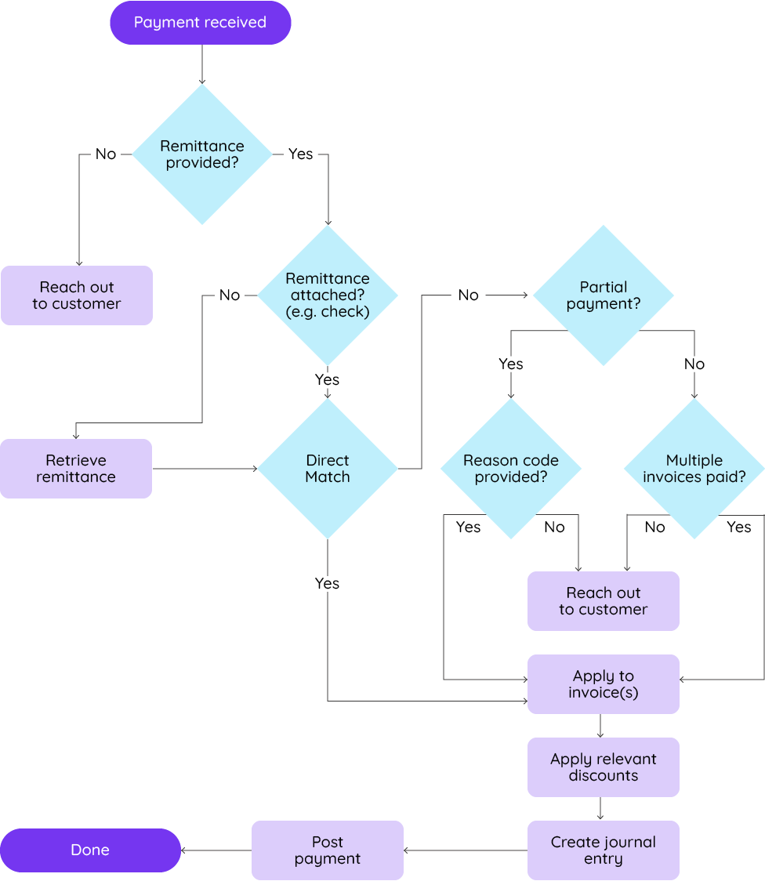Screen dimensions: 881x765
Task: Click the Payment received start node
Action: (200, 23)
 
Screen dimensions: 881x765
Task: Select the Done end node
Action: (90, 850)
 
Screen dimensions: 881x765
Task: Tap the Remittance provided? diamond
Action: (202, 154)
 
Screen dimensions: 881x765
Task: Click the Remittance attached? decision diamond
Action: (328, 295)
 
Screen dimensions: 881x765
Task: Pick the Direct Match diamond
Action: (328, 469)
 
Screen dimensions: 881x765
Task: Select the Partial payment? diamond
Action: (603, 295)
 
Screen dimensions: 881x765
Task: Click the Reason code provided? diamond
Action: (511, 469)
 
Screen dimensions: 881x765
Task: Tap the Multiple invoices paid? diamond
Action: (694, 469)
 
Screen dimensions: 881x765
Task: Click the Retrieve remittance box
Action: (76, 469)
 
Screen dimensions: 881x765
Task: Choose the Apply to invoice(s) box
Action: (603, 684)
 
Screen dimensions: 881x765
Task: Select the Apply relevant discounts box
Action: (603, 767)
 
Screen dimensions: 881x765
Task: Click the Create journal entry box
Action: (603, 850)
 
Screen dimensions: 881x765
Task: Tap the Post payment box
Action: (328, 850)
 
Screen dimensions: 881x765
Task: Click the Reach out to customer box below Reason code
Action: (603, 601)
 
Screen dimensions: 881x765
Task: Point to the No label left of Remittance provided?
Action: (106, 154)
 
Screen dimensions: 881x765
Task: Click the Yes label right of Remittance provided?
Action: (300, 154)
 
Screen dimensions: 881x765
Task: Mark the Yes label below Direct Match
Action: (327, 583)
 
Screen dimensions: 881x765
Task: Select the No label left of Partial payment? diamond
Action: (468, 295)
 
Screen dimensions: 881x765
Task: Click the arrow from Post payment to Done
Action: (216, 850)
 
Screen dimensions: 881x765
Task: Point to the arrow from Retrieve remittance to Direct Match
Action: (205, 469)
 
